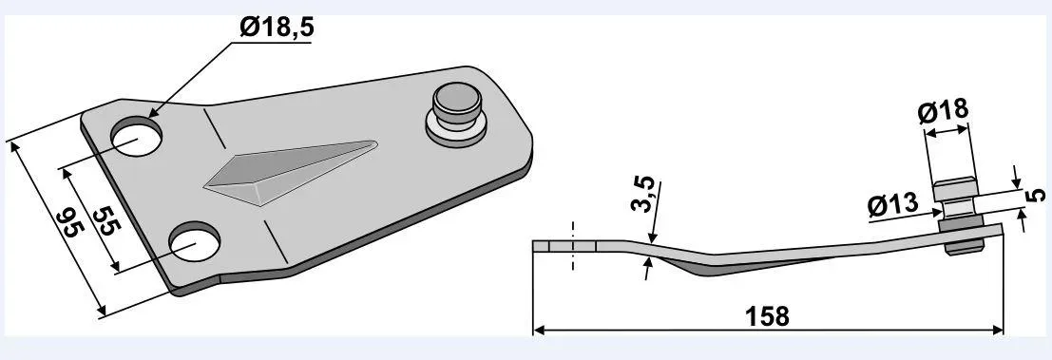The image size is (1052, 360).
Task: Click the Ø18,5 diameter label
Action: coord(277,28)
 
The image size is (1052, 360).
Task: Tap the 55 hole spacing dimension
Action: coord(106,219)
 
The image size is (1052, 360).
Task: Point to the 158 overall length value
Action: coord(768,316)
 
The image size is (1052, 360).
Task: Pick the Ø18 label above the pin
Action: coord(944,111)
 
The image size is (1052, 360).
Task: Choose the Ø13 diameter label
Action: coord(892,204)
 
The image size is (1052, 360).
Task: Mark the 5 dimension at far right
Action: coord(1036,195)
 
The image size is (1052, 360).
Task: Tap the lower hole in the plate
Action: coord(195,242)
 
